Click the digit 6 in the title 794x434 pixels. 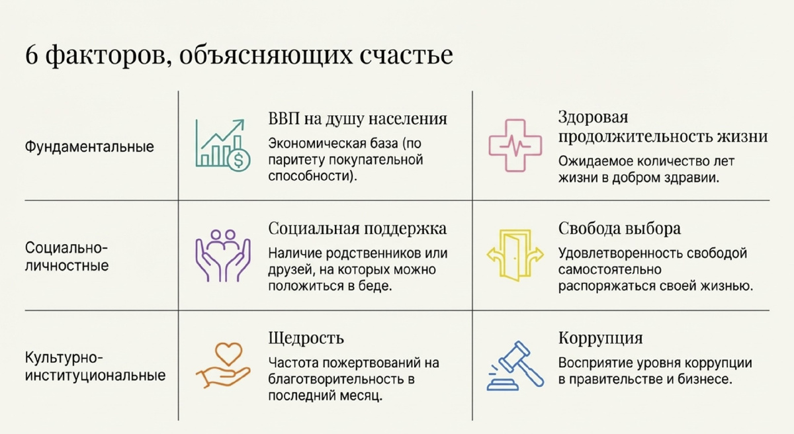click(x=32, y=55)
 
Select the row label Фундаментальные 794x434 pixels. click(x=89, y=146)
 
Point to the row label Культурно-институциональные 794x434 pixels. click(x=95, y=367)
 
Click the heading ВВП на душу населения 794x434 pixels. click(x=357, y=118)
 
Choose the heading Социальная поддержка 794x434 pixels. click(x=357, y=229)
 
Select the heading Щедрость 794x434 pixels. click(x=306, y=338)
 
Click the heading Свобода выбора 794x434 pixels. click(x=619, y=229)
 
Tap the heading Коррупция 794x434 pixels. click(x=600, y=338)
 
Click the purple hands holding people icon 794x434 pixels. click(x=223, y=255)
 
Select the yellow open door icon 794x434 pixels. click(x=515, y=254)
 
